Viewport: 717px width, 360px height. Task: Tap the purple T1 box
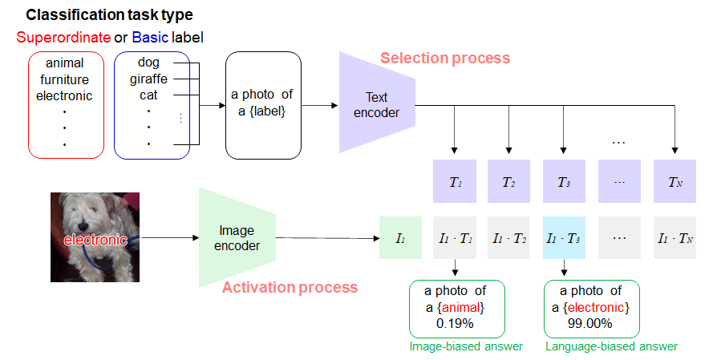455,181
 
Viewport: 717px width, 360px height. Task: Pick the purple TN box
675,181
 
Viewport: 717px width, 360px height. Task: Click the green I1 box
400,237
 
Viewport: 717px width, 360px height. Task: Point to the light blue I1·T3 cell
565,237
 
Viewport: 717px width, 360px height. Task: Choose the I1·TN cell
675,237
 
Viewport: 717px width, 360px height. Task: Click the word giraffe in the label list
148,79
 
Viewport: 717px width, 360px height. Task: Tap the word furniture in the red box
65,79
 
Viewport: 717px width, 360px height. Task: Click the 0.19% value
456,324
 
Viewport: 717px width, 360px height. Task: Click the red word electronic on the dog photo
95,240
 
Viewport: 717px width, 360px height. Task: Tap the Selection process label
445,58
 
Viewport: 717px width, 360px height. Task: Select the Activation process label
290,287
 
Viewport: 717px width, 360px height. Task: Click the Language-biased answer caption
611,346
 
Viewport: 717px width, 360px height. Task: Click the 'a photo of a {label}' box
262,104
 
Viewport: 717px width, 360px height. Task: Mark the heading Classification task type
109,15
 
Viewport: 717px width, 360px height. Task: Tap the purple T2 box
509,181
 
